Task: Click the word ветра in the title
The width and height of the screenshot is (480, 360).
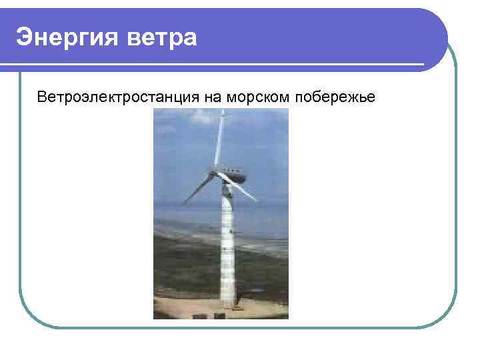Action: (167, 37)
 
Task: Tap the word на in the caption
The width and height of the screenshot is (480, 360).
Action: (212, 97)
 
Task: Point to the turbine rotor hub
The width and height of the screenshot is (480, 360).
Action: (215, 173)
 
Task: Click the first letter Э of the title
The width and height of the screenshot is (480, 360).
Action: (24, 37)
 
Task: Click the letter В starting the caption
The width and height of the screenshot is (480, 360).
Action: (42, 97)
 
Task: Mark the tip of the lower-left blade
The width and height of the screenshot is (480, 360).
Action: (183, 203)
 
